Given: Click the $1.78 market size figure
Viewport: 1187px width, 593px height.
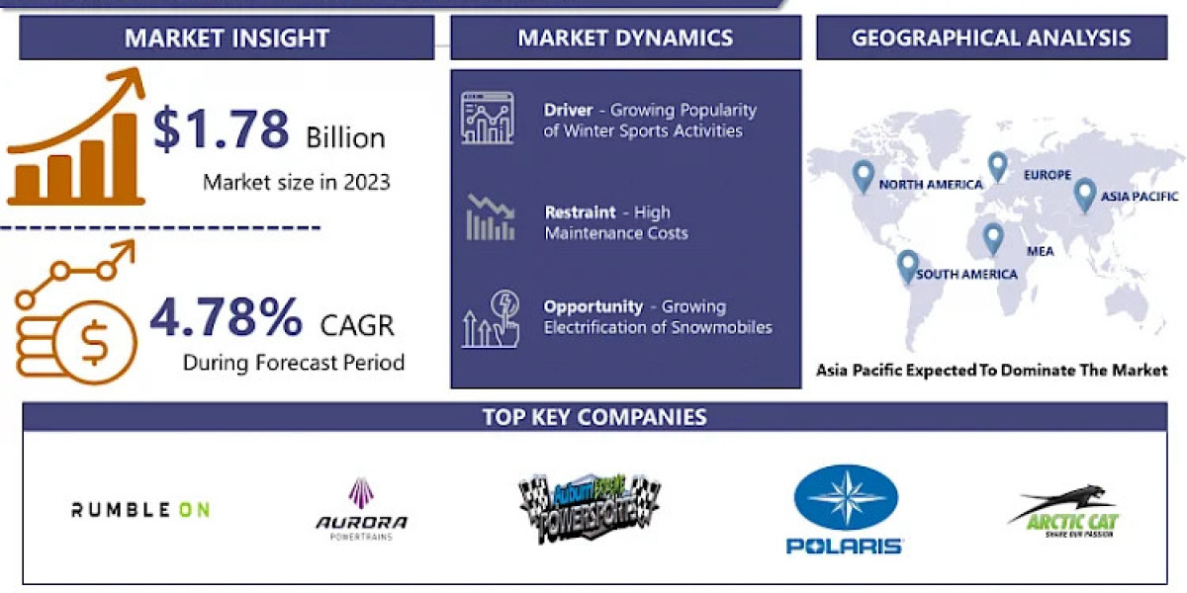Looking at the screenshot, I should point(221,128).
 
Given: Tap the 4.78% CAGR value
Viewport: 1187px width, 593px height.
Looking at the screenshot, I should point(227,317).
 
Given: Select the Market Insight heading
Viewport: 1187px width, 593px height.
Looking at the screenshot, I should point(227,39).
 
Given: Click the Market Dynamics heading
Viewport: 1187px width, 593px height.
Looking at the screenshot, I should point(625,39).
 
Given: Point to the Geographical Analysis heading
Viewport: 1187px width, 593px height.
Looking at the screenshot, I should point(991,39).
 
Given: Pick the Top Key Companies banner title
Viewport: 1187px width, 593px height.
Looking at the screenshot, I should point(594,416).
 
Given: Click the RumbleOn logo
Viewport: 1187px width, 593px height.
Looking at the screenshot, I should point(140,509).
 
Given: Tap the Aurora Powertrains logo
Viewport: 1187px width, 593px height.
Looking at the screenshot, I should point(361,510).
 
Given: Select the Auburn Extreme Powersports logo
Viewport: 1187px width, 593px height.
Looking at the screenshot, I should point(590,507).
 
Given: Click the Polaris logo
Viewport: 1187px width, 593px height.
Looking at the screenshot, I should point(846,509).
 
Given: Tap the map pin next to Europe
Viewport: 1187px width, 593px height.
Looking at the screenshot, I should point(997,166).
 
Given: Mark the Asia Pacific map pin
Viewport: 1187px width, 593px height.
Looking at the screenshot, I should point(1085,195).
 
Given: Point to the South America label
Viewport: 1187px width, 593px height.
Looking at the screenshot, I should point(966,274).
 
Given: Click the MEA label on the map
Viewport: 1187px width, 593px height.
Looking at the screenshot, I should point(1040,251).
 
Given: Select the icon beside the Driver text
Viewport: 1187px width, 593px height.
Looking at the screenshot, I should point(488,119).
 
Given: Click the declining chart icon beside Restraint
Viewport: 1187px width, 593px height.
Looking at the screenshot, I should point(490,218).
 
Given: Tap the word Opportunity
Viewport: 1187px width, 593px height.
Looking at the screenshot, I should point(593,306).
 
